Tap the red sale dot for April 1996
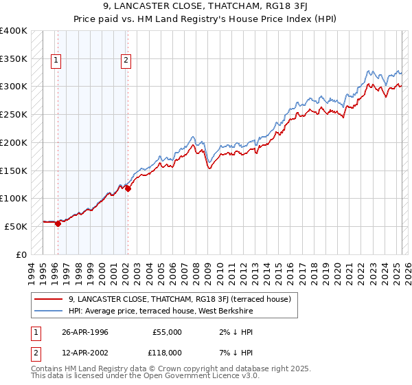tap(58, 223)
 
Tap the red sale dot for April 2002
tap(128, 188)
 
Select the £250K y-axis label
tap(14, 115)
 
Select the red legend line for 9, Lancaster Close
tap(48, 299)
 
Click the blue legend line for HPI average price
tap(48, 311)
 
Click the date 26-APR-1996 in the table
tap(85, 332)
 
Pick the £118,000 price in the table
tap(166, 352)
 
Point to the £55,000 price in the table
tap(168, 332)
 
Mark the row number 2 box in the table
tap(35, 352)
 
